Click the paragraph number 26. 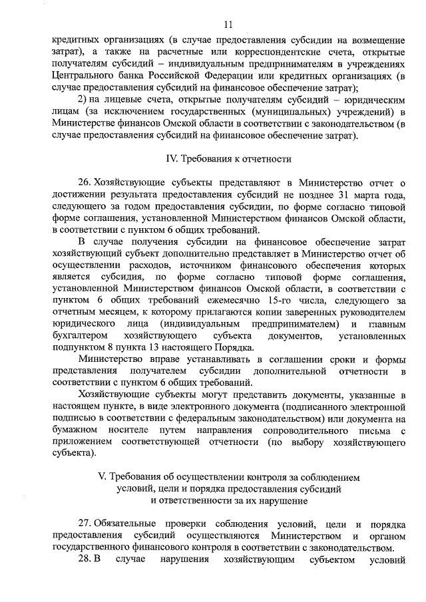[85, 182]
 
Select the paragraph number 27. [85, 525]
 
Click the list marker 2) [83, 100]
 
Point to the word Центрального [80, 76]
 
